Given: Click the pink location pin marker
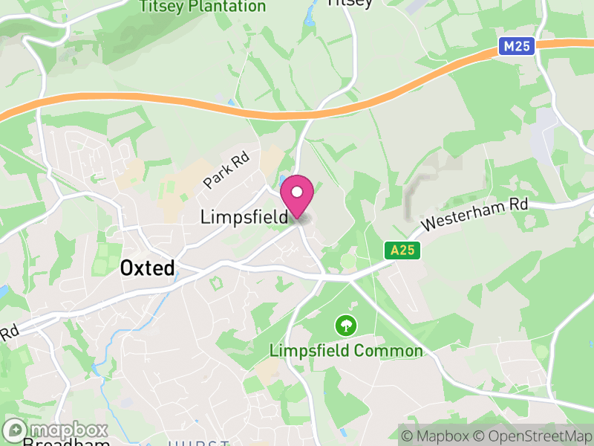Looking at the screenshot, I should coord(297,195).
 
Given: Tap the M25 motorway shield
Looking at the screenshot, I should coord(516,47).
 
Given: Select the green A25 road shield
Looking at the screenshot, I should coord(403,251).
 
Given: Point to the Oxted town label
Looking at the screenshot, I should coord(148,268).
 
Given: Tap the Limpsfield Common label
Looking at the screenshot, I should coord(346,351).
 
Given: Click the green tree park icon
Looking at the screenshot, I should coord(345,325).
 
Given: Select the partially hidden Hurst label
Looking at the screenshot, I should coord(198,443).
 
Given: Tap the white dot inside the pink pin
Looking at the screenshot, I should coord(297,193).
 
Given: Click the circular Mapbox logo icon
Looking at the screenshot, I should coord(16,430).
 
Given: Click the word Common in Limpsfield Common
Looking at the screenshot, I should coord(389,351).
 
